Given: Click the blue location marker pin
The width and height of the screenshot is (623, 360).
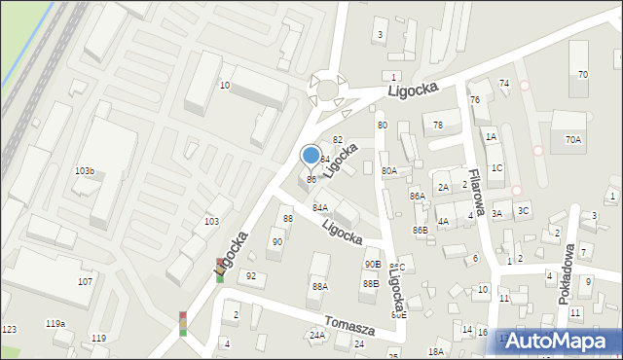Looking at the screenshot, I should click(x=311, y=156).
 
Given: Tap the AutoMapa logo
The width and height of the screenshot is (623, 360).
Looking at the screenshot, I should click(x=558, y=342).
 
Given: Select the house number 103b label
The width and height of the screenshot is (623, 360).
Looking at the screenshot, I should click(x=85, y=170).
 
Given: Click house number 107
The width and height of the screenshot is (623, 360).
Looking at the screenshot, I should click(x=85, y=281).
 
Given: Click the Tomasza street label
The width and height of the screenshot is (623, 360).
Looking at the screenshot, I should click(x=350, y=326).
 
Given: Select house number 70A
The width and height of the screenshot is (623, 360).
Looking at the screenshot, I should click(x=572, y=140).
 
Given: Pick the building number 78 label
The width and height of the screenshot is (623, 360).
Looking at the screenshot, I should click(x=438, y=125).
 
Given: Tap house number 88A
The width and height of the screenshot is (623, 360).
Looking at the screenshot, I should click(x=319, y=286).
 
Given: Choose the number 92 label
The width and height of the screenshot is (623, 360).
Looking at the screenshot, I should click(x=250, y=276).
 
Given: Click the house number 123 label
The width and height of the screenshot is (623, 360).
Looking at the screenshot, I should click(x=9, y=330).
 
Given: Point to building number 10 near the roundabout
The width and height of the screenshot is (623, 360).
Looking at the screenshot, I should click(x=224, y=86).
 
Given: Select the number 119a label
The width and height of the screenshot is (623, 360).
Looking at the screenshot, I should click(x=55, y=323).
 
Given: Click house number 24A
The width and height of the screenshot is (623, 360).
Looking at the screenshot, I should click(x=316, y=335).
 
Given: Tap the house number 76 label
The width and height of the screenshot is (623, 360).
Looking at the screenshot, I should click(x=474, y=100).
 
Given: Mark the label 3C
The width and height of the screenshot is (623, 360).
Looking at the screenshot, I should click(x=523, y=210).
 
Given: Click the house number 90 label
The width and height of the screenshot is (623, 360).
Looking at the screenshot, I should click(x=276, y=241).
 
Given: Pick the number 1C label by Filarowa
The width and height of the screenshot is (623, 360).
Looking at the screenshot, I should click(x=496, y=167).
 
